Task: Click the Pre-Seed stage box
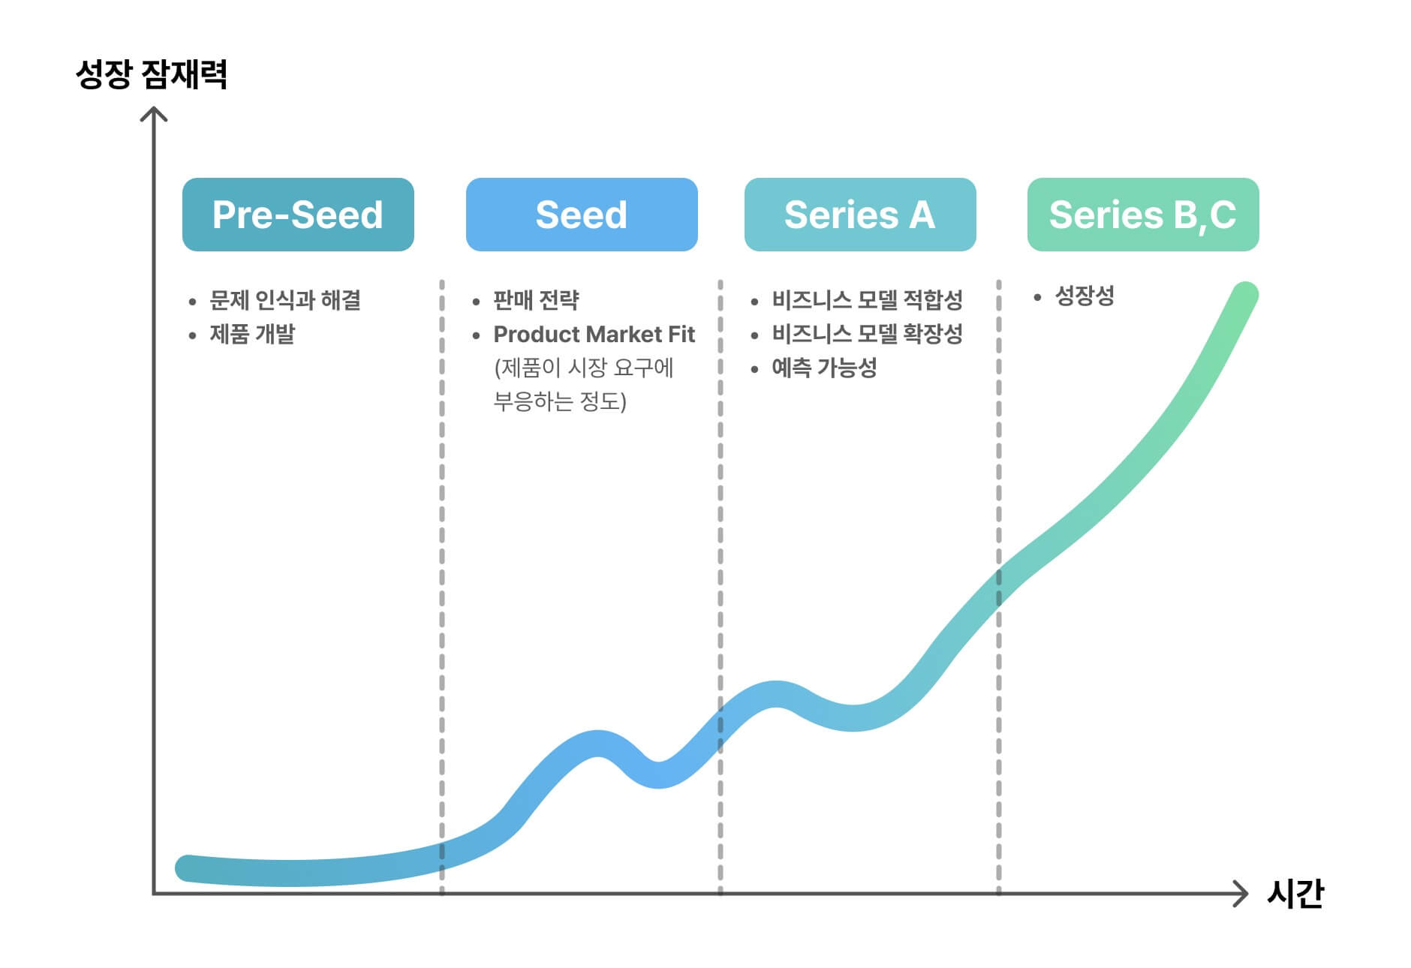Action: [298, 215]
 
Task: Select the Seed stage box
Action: [582, 215]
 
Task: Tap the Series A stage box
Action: [860, 215]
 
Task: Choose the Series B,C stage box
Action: [1143, 215]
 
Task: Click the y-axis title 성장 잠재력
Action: [152, 75]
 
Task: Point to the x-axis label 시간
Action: [1295, 894]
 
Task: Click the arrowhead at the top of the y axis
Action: [154, 113]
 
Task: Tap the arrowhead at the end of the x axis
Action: [1241, 894]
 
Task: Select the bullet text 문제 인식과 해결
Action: [285, 300]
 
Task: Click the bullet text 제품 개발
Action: [252, 334]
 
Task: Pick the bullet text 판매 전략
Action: [536, 300]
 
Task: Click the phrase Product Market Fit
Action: [594, 334]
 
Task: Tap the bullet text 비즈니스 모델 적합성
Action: [867, 300]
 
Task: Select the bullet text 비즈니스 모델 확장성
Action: [867, 334]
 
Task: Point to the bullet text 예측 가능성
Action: [824, 368]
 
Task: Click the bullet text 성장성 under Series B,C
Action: [1085, 296]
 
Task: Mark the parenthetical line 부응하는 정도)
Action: [560, 401]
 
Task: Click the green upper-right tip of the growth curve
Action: [1245, 295]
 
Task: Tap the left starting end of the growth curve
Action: [188, 868]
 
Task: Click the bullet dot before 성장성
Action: [1037, 298]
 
